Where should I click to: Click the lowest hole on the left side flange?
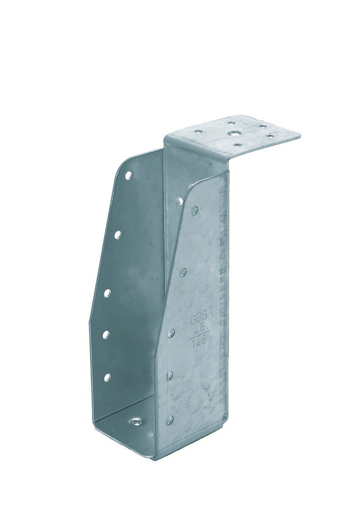tap(107, 376)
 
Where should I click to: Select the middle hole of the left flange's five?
tap(107, 292)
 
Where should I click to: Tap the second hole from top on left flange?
tap(117, 234)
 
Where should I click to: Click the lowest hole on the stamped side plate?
tap(170, 419)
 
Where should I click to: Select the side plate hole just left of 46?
tap(171, 332)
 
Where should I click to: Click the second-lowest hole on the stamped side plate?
tap(170, 376)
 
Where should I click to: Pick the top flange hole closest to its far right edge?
tap(270, 136)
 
